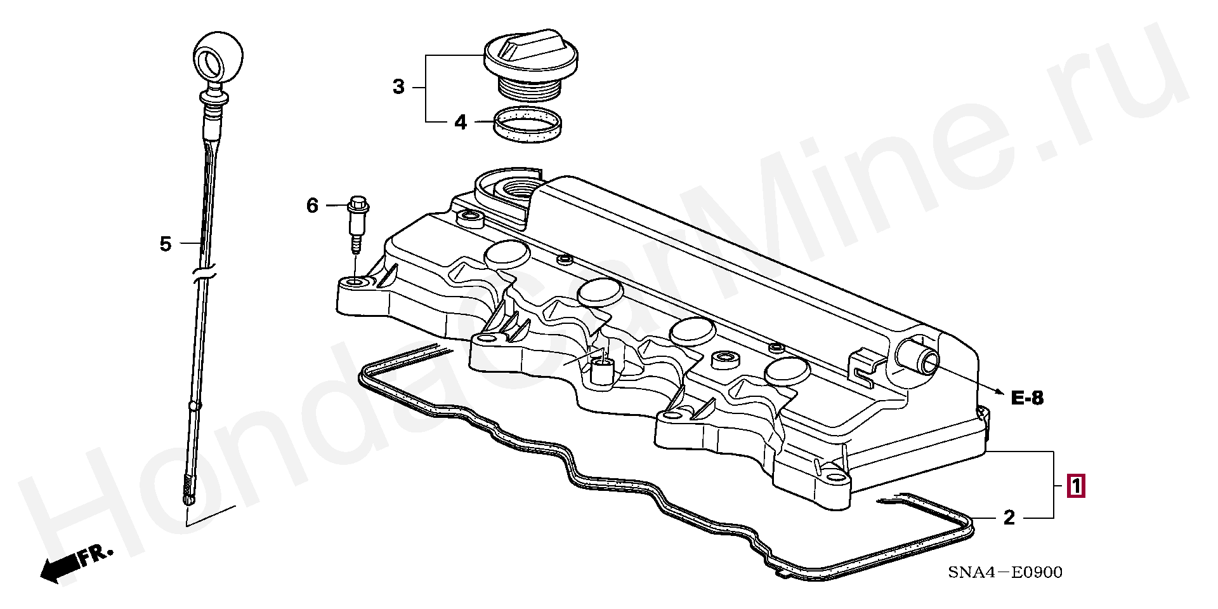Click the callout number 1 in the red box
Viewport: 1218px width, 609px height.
click(x=1076, y=486)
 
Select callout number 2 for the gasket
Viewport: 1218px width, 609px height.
click(x=1009, y=518)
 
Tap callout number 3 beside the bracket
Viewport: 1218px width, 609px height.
click(x=398, y=86)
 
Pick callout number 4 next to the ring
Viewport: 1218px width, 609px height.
click(x=461, y=122)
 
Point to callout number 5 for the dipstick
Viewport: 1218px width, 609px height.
click(x=165, y=243)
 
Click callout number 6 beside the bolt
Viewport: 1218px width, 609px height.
click(x=312, y=206)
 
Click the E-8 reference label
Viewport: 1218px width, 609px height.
click(x=1027, y=398)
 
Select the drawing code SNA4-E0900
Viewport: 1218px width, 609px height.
click(x=1005, y=572)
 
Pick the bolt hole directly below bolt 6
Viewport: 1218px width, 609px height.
click(x=356, y=282)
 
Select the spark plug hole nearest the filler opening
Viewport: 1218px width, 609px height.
click(x=507, y=254)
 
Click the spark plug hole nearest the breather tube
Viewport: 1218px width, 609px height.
click(x=787, y=371)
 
